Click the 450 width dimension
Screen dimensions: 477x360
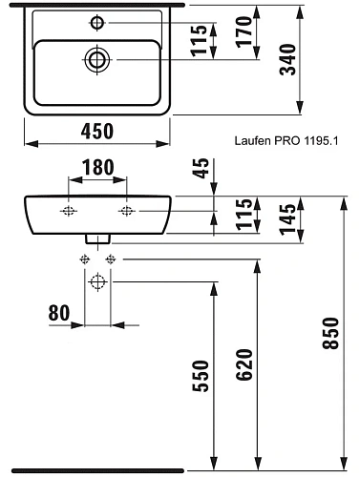95,129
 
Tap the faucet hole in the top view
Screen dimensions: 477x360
97,20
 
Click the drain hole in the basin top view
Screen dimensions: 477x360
97,59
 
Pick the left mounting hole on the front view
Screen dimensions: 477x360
69,210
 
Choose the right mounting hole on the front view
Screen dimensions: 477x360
125,210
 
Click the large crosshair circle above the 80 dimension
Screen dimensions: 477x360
96,281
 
